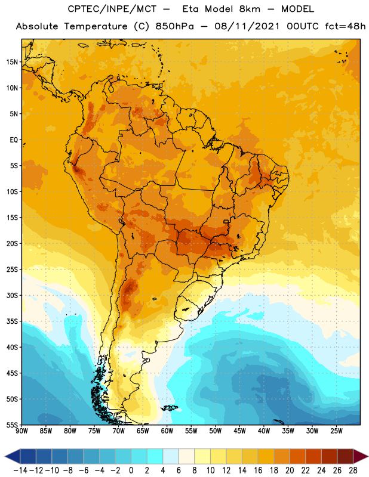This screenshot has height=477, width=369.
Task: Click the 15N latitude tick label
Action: [12, 62]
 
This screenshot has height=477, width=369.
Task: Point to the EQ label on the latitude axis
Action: [14, 140]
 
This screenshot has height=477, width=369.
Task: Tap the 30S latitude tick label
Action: [12, 295]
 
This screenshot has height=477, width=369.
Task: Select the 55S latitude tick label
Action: [12, 425]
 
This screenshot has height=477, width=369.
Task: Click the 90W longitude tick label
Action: [21, 431]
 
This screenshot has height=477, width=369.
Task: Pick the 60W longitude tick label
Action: [167, 431]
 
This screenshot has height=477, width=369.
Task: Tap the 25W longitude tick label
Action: [336, 431]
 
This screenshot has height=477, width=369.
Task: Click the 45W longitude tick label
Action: [239, 431]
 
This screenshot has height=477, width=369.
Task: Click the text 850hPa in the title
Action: [174, 26]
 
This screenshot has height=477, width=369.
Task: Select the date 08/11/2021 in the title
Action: [247, 26]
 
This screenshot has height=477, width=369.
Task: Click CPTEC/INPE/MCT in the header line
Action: [112, 9]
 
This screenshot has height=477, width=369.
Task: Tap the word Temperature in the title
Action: [96, 27]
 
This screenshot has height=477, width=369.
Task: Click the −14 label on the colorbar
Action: [20, 470]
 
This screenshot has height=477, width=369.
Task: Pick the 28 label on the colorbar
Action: [353, 470]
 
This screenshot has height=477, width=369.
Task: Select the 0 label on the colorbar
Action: [131, 470]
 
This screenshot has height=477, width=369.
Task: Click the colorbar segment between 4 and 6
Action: [171, 457]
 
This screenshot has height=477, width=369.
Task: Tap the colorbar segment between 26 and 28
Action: [345, 457]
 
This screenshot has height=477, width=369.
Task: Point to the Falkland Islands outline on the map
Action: [170, 408]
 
